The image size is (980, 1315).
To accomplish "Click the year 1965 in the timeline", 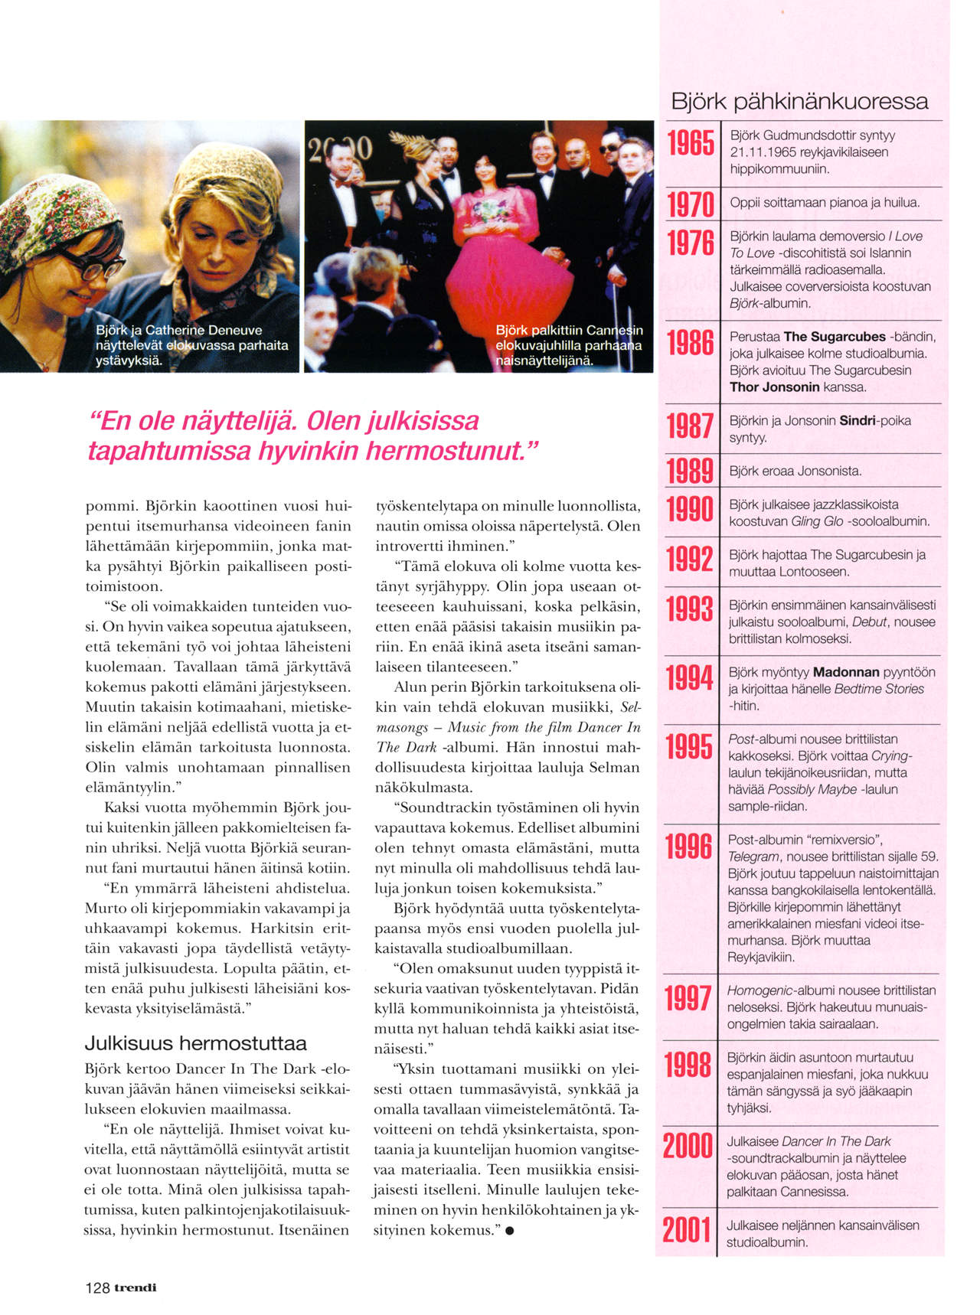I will click(x=691, y=142).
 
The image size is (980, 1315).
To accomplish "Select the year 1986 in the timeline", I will click(x=691, y=344).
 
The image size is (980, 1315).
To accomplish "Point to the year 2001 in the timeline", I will click(x=687, y=1230).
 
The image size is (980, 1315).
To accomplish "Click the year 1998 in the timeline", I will click(x=688, y=1065).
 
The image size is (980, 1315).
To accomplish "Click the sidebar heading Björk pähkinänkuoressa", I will click(x=799, y=101).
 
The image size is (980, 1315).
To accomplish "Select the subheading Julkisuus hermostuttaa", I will click(x=195, y=1043).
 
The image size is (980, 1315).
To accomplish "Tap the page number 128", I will click(x=97, y=1287).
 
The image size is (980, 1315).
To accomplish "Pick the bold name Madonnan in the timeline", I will click(x=846, y=672).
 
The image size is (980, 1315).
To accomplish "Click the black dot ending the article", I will click(x=510, y=1231).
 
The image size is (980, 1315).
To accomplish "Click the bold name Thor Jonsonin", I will click(x=774, y=387).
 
